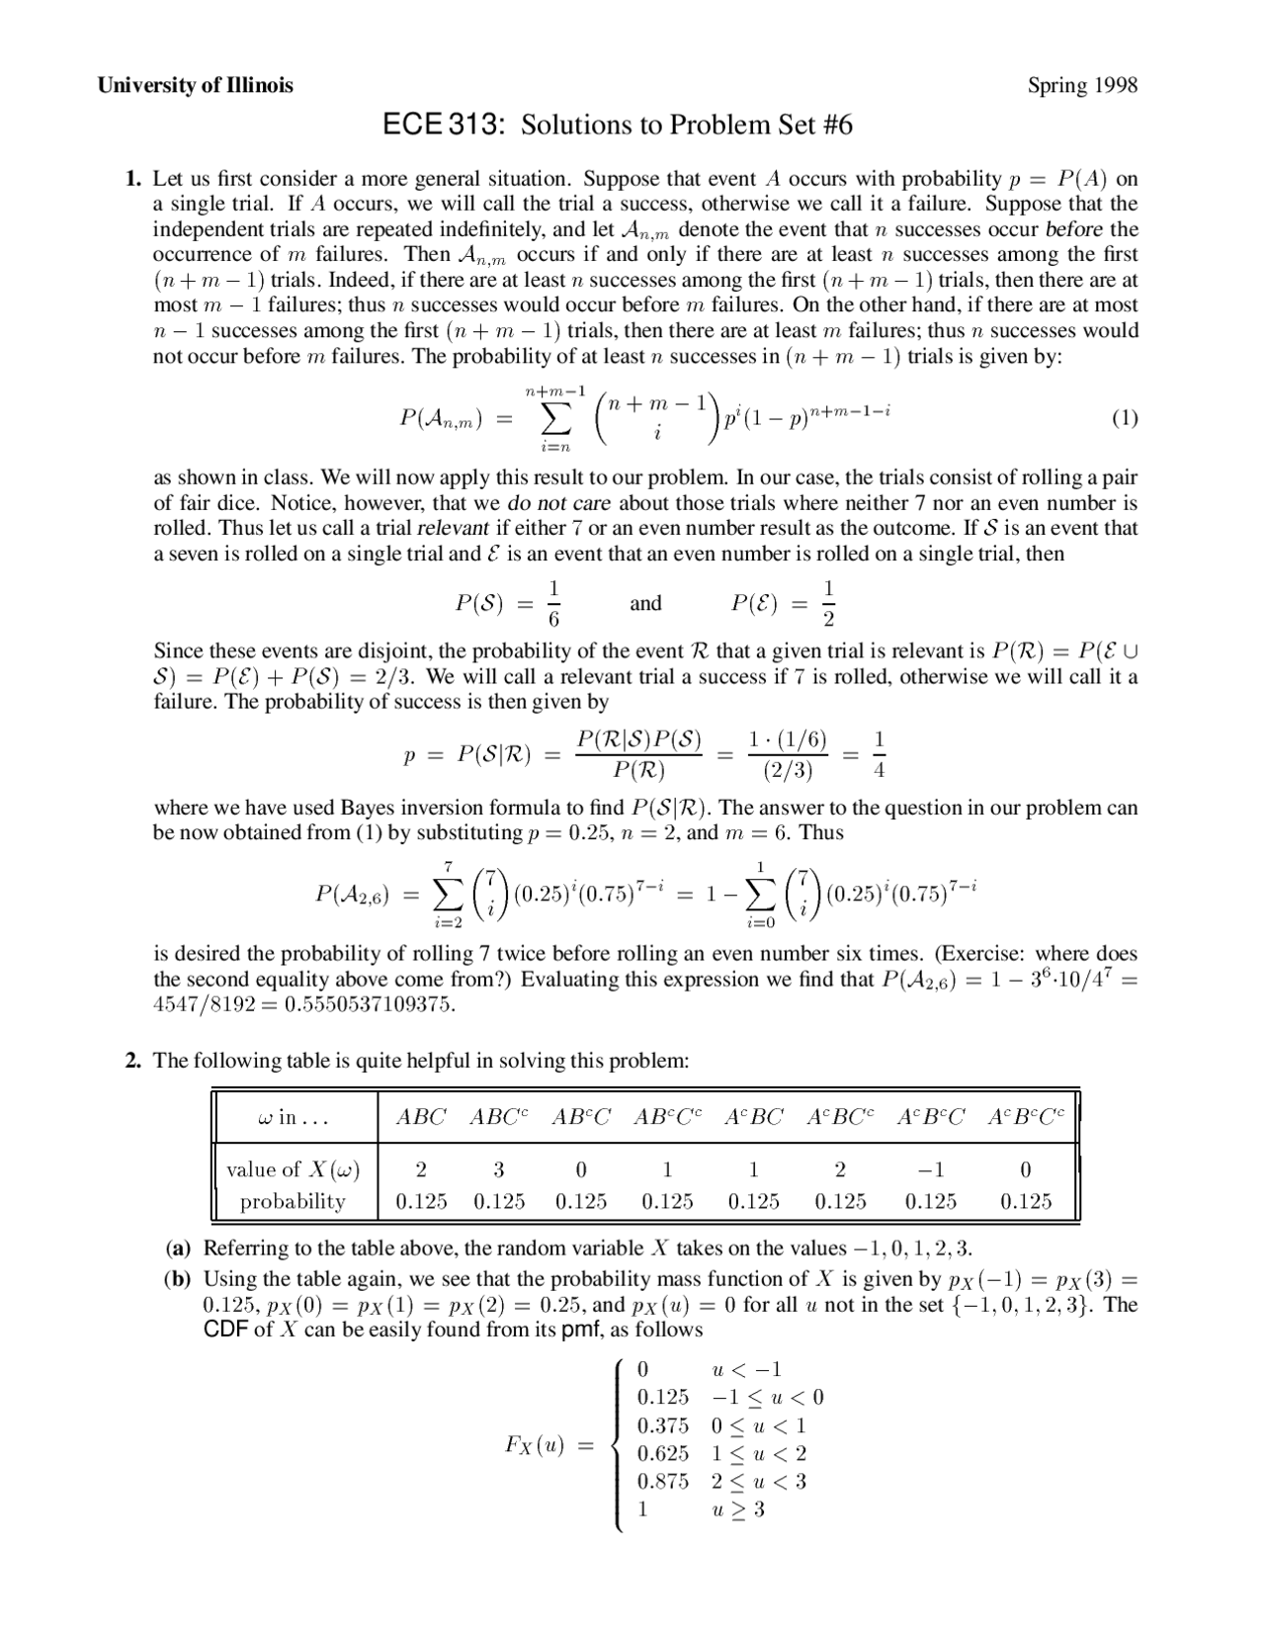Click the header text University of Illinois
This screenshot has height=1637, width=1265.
click(195, 85)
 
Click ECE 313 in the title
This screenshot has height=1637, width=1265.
click(444, 125)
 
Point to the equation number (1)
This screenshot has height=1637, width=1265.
click(1125, 417)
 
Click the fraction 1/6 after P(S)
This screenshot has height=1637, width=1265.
click(554, 603)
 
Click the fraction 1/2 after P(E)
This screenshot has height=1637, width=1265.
click(828, 603)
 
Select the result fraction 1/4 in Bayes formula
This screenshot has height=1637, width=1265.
click(880, 754)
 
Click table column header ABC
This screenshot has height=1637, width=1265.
click(421, 1117)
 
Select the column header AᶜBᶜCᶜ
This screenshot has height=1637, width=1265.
click(1026, 1117)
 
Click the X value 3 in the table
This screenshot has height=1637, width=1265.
click(499, 1169)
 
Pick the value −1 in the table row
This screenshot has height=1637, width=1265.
click(930, 1169)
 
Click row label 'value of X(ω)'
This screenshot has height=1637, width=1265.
click(293, 1169)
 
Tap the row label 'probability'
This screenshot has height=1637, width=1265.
click(293, 1201)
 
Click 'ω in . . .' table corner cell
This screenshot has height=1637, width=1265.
click(293, 1117)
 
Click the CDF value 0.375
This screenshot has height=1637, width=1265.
click(662, 1425)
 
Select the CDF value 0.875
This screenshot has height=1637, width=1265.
click(662, 1481)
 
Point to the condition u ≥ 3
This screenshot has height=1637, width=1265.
click(738, 1509)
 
